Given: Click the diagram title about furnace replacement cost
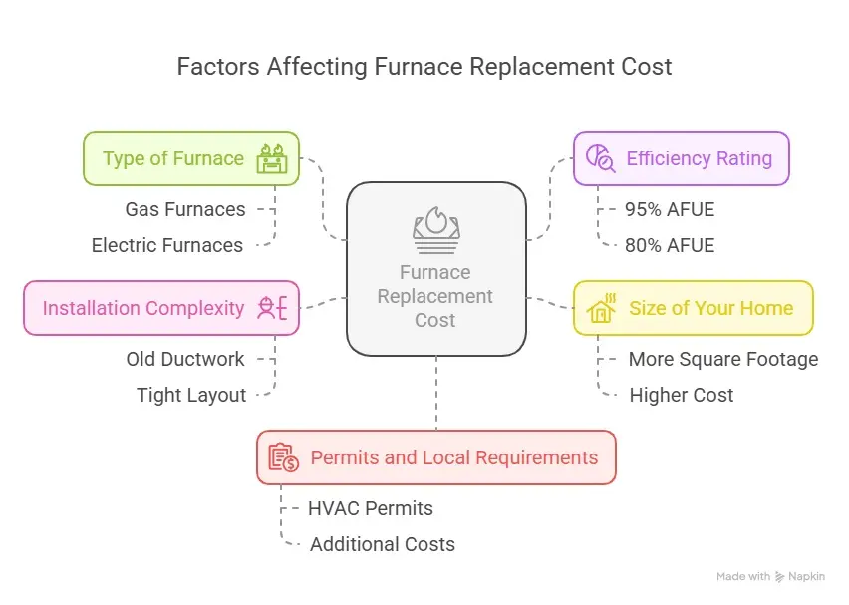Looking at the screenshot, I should click(424, 67).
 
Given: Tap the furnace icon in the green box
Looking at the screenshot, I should click(271, 158).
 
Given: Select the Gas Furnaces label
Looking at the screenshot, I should click(185, 209).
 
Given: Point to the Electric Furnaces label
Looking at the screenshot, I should click(167, 245).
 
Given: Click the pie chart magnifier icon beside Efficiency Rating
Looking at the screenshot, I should click(601, 158).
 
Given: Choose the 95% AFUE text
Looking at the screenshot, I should click(670, 209).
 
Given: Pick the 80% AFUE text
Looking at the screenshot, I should click(670, 245).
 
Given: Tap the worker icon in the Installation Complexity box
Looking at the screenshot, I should click(271, 308).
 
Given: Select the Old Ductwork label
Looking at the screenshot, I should click(185, 359).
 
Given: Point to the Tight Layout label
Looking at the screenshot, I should click(191, 395).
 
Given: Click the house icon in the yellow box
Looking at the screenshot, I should click(603, 308).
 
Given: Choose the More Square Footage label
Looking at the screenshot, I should click(723, 359).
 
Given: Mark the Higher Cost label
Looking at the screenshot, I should click(682, 395).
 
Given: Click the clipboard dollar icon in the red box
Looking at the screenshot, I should click(284, 457).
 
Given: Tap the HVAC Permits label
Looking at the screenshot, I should click(371, 508).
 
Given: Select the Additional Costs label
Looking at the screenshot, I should click(383, 544).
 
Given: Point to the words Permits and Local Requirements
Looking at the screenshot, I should click(454, 457).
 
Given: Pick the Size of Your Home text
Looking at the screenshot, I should click(711, 308).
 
